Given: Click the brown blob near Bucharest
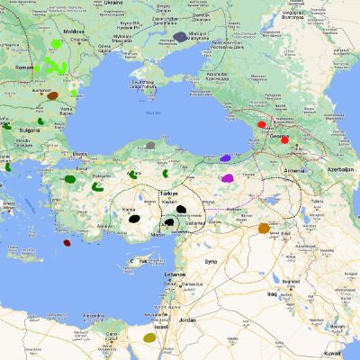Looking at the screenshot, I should [52, 95].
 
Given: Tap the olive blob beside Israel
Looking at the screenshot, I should [150, 338].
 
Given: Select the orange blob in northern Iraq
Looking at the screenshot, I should [264, 229].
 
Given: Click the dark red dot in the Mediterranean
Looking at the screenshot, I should [67, 242].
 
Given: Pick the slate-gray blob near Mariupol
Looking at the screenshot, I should [181, 37].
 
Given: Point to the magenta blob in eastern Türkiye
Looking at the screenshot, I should [229, 178].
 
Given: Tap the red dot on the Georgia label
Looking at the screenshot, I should [284, 139].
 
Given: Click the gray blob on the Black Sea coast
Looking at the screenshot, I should [150, 144].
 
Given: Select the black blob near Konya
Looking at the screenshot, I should [134, 218].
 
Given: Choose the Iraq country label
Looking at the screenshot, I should [271, 293].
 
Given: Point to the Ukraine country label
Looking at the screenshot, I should [112, 3].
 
